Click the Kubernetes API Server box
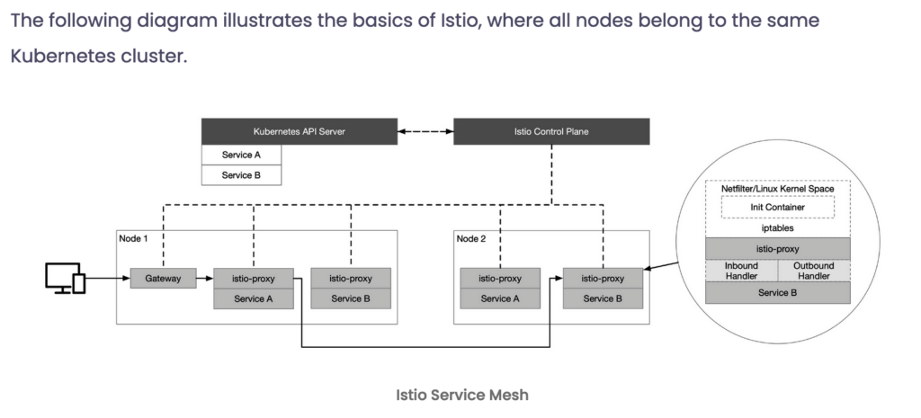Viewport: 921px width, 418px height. coord(300,131)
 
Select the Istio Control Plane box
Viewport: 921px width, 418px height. coord(551,131)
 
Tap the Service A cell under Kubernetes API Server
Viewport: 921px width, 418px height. coord(241,155)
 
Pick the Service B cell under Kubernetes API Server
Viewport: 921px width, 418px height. coord(241,175)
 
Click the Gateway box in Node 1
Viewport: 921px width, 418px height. coord(164,279)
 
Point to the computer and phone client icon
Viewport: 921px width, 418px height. coord(65,279)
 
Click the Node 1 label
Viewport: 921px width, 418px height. coord(133,238)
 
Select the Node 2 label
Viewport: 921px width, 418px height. coord(471,238)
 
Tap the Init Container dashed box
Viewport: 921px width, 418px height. coord(778,208)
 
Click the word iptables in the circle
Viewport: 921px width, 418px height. coord(778,228)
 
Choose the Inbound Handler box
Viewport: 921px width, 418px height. coord(741,271)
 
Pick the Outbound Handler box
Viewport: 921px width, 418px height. coord(814,271)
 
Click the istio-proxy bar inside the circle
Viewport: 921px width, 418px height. coord(778,249)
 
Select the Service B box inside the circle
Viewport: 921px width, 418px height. coord(778,292)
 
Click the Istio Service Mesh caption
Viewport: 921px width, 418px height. coord(462,396)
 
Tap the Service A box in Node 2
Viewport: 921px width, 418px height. coord(500,298)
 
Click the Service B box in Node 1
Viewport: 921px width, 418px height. coord(351,298)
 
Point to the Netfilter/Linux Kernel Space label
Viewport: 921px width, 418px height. coord(778,189)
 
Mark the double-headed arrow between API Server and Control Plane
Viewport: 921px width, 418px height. coord(425,131)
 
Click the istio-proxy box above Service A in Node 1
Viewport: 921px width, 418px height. coord(253,279)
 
